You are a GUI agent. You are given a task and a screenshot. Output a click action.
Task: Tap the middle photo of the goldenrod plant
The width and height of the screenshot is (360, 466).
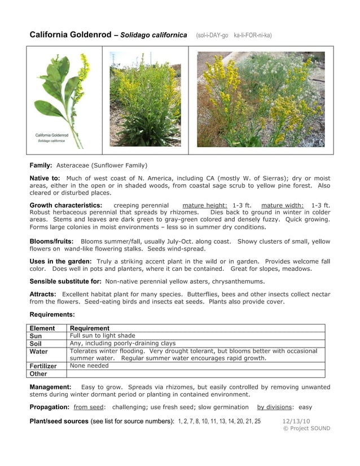pos(145,99)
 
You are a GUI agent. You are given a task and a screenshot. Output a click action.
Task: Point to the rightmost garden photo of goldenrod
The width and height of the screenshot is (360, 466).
pos(261,99)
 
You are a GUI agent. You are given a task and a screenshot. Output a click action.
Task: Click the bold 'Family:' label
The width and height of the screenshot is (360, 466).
pos(41,165)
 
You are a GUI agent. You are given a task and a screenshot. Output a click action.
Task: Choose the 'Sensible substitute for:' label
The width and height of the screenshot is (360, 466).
pos(65,281)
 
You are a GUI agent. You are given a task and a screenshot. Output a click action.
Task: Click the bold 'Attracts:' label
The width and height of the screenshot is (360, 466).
pos(43,294)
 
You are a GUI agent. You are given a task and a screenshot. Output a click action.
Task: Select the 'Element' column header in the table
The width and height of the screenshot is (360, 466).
pos(42,328)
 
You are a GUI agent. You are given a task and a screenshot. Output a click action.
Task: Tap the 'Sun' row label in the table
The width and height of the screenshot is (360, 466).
pos(36,336)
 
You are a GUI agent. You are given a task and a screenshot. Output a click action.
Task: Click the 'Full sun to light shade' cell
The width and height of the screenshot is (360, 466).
pos(102,336)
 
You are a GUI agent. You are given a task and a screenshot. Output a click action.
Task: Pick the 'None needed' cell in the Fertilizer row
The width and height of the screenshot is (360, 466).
pos(89,366)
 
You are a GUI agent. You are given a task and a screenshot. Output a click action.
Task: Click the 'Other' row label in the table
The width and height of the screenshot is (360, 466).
pos(38,373)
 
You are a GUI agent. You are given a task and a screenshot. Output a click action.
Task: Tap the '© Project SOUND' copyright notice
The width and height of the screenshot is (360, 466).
pos(306,428)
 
